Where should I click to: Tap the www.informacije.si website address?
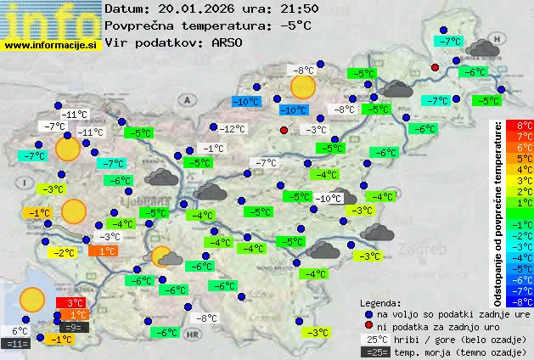click(x=51, y=44)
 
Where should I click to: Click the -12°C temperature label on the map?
click(x=232, y=129)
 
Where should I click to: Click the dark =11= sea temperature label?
click(x=16, y=344)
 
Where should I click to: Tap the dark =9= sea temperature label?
click(x=73, y=327)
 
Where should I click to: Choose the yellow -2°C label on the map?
click(x=64, y=252)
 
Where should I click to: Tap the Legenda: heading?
click(x=381, y=302)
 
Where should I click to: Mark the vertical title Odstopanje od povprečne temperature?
click(x=498, y=212)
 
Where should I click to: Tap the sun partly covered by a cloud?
click(x=166, y=256)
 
